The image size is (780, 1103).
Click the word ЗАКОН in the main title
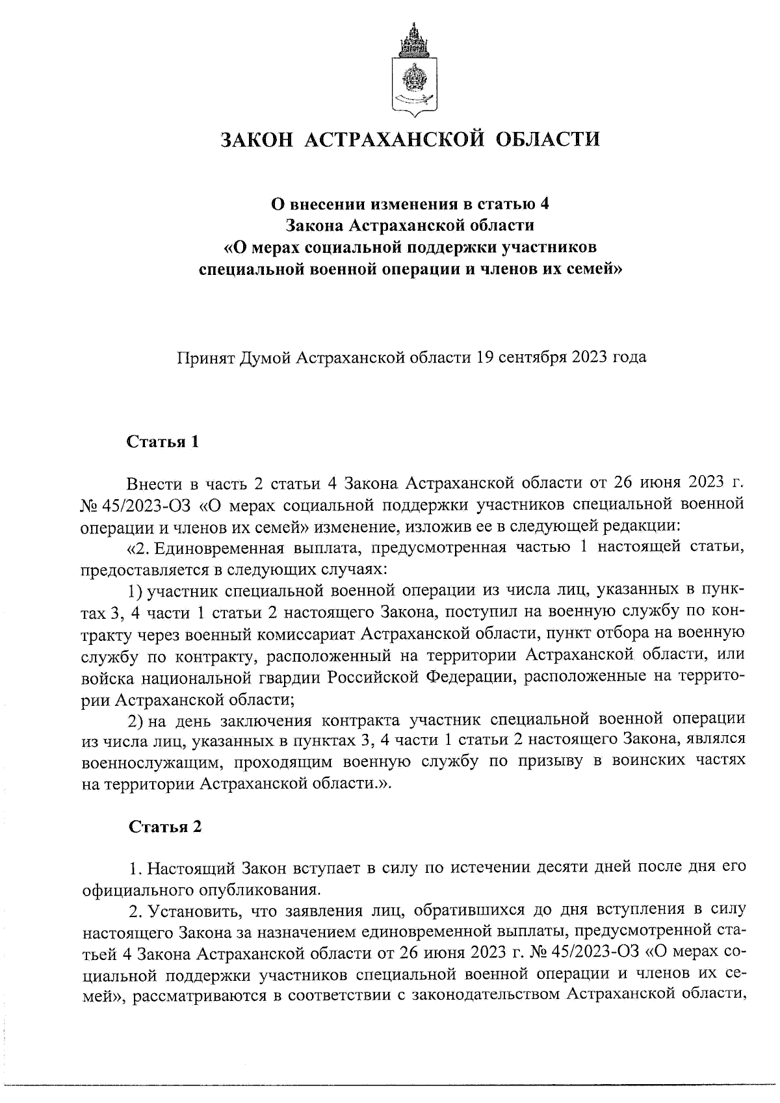click(260, 139)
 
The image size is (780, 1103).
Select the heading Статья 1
click(162, 442)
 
